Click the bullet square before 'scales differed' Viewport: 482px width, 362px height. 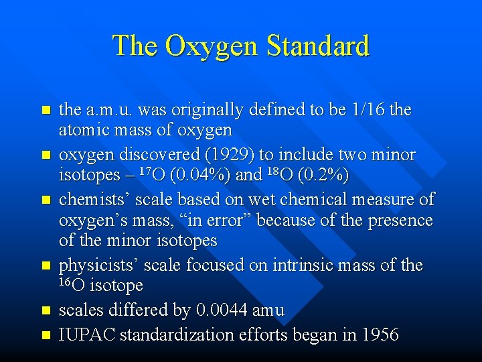click(46, 311)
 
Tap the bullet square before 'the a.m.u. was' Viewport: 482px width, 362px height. click(46, 110)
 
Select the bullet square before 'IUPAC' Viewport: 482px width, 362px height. click(46, 334)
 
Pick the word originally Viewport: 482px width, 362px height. click(202, 109)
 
